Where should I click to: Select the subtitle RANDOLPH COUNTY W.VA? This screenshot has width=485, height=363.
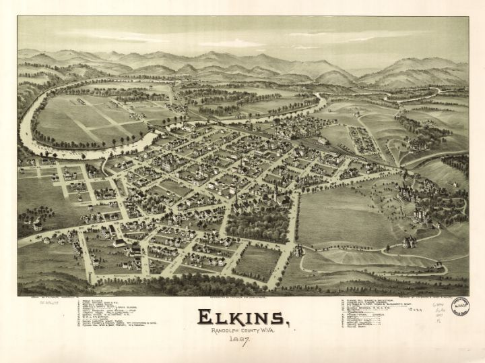tap(242, 331)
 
